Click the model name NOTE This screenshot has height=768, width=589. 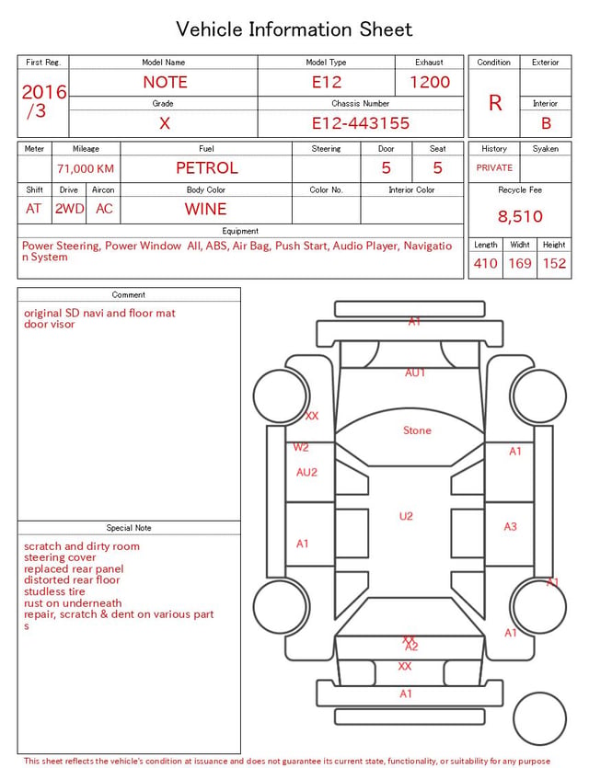pyautogui.click(x=165, y=82)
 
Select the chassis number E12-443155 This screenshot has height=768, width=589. pyautogui.click(x=361, y=123)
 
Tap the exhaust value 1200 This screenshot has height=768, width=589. pyautogui.click(x=430, y=82)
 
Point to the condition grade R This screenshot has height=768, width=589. pyautogui.click(x=495, y=103)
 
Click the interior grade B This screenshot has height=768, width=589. pyautogui.click(x=546, y=123)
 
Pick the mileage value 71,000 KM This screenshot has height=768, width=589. pyautogui.click(x=86, y=168)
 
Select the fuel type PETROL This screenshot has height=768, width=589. pyautogui.click(x=207, y=168)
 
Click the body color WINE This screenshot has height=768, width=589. pyautogui.click(x=206, y=209)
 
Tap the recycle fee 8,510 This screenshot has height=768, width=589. pyautogui.click(x=520, y=216)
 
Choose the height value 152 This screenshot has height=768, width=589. pyautogui.click(x=554, y=263)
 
